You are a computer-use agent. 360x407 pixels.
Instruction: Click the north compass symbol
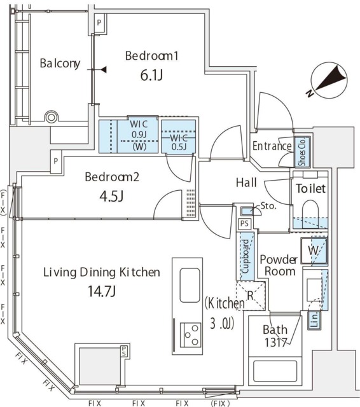[329, 81]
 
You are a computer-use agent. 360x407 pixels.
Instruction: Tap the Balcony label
[60, 64]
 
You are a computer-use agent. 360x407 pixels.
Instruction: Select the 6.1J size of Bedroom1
[151, 75]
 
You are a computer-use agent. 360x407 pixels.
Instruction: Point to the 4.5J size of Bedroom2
[111, 197]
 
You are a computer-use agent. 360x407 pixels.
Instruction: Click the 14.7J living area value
[102, 291]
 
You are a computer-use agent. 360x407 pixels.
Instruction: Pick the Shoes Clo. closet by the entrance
[302, 152]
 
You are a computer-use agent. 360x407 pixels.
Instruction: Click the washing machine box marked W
[314, 251]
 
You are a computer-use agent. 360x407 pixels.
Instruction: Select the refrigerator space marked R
[251, 295]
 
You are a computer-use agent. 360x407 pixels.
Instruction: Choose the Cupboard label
[246, 256]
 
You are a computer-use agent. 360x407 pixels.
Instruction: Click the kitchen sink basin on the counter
[190, 286]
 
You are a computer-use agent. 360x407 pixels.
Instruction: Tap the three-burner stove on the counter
[191, 335]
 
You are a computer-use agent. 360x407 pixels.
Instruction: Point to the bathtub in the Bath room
[275, 371]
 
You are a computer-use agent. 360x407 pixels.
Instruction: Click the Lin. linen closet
[314, 321]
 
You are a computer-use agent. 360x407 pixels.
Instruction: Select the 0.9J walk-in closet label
[139, 134]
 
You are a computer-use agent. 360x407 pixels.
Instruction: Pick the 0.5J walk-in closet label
[179, 147]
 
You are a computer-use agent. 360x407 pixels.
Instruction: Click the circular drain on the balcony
[52, 117]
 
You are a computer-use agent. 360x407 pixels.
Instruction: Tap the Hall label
[246, 183]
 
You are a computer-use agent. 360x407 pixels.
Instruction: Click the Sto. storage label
[268, 206]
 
